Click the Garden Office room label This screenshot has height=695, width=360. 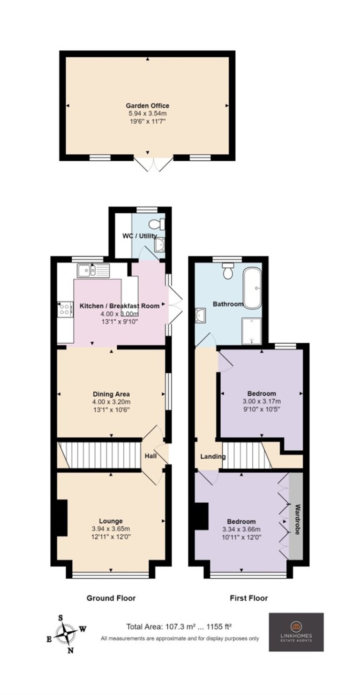point(147,106)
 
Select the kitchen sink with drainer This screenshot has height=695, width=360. point(93,271)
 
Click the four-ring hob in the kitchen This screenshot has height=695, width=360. point(65,309)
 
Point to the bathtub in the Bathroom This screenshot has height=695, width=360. point(252,288)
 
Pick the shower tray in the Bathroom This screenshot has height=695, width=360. point(251,331)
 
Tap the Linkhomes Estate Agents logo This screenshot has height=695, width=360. point(296,632)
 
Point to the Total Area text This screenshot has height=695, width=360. point(179,627)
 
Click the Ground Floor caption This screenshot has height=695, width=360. point(111,598)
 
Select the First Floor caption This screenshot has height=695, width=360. point(249,598)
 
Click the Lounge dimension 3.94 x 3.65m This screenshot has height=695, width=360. point(111,529)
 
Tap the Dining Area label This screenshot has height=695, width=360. point(111,394)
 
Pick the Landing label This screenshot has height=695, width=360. point(213,456)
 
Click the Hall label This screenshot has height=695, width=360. point(150,456)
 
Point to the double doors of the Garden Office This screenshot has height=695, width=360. point(154,165)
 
